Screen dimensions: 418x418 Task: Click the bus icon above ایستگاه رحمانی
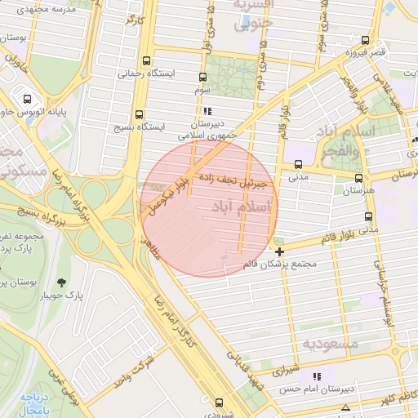pyautogui.click(x=146, y=60)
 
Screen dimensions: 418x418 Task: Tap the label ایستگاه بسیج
pyautogui.click(x=160, y=127)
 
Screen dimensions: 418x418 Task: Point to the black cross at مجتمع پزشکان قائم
pyautogui.click(x=280, y=251)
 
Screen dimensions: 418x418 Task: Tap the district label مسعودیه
pyautogui.click(x=330, y=344)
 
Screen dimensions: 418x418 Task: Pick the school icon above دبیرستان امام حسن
pyautogui.click(x=317, y=376)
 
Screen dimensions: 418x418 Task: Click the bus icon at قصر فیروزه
pyautogui.click(x=364, y=39)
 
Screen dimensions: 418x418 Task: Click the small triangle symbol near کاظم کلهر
pyautogui.click(x=346, y=407)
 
